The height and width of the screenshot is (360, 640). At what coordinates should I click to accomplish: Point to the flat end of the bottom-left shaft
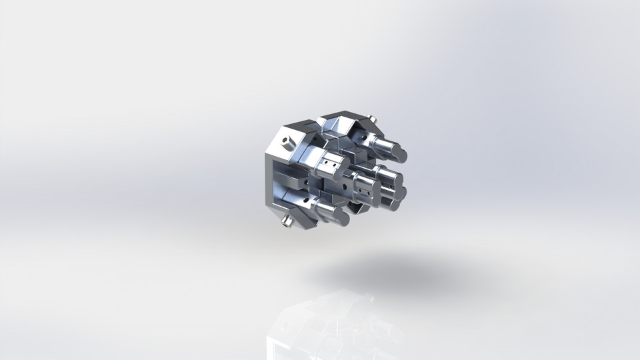tap(344, 216)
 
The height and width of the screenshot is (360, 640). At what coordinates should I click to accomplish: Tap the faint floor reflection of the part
tap(320, 327)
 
